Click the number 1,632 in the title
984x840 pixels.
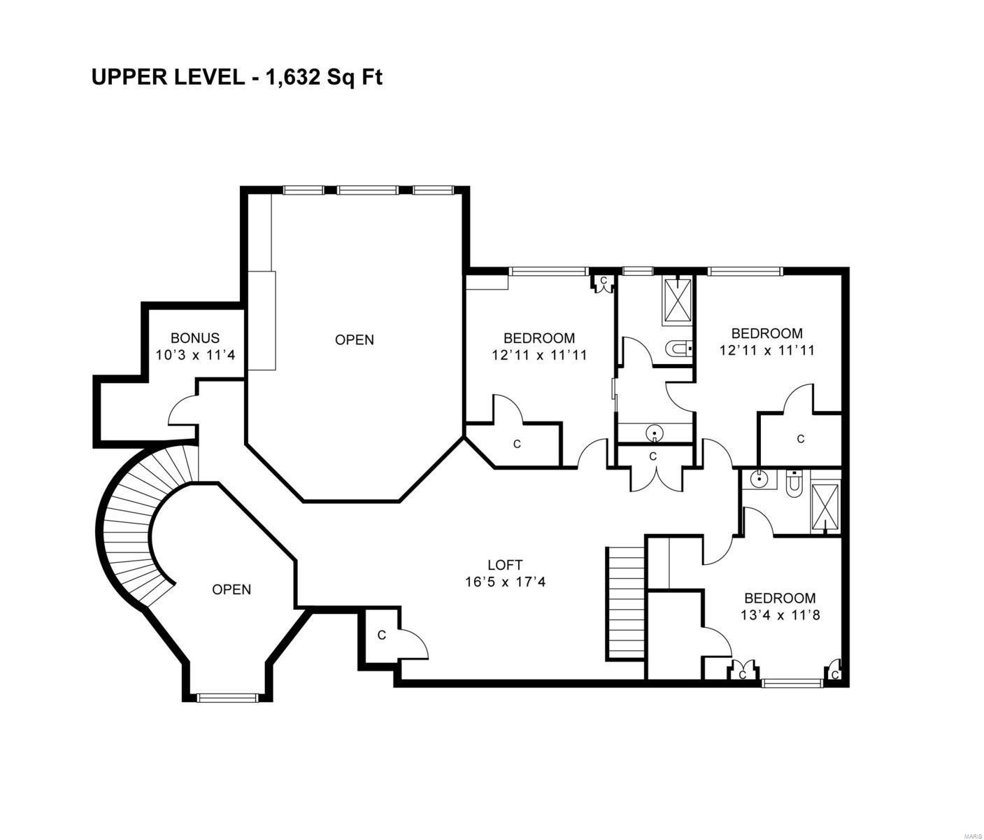pyautogui.click(x=292, y=77)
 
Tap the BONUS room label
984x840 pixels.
pyautogui.click(x=195, y=338)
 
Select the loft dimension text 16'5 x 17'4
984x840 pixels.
pyautogui.click(x=504, y=581)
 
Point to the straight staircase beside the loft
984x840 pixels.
pyautogui.click(x=625, y=603)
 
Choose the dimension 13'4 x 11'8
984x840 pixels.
pyautogui.click(x=779, y=615)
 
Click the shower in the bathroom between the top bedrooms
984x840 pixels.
pyautogui.click(x=677, y=300)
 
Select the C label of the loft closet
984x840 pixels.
pyautogui.click(x=381, y=635)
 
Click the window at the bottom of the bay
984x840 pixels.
pyautogui.click(x=227, y=697)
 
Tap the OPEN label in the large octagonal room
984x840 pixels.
pyautogui.click(x=354, y=339)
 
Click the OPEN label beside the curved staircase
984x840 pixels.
pyautogui.click(x=231, y=589)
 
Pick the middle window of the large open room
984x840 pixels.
pyautogui.click(x=368, y=190)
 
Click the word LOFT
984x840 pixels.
pyautogui.click(x=504, y=564)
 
